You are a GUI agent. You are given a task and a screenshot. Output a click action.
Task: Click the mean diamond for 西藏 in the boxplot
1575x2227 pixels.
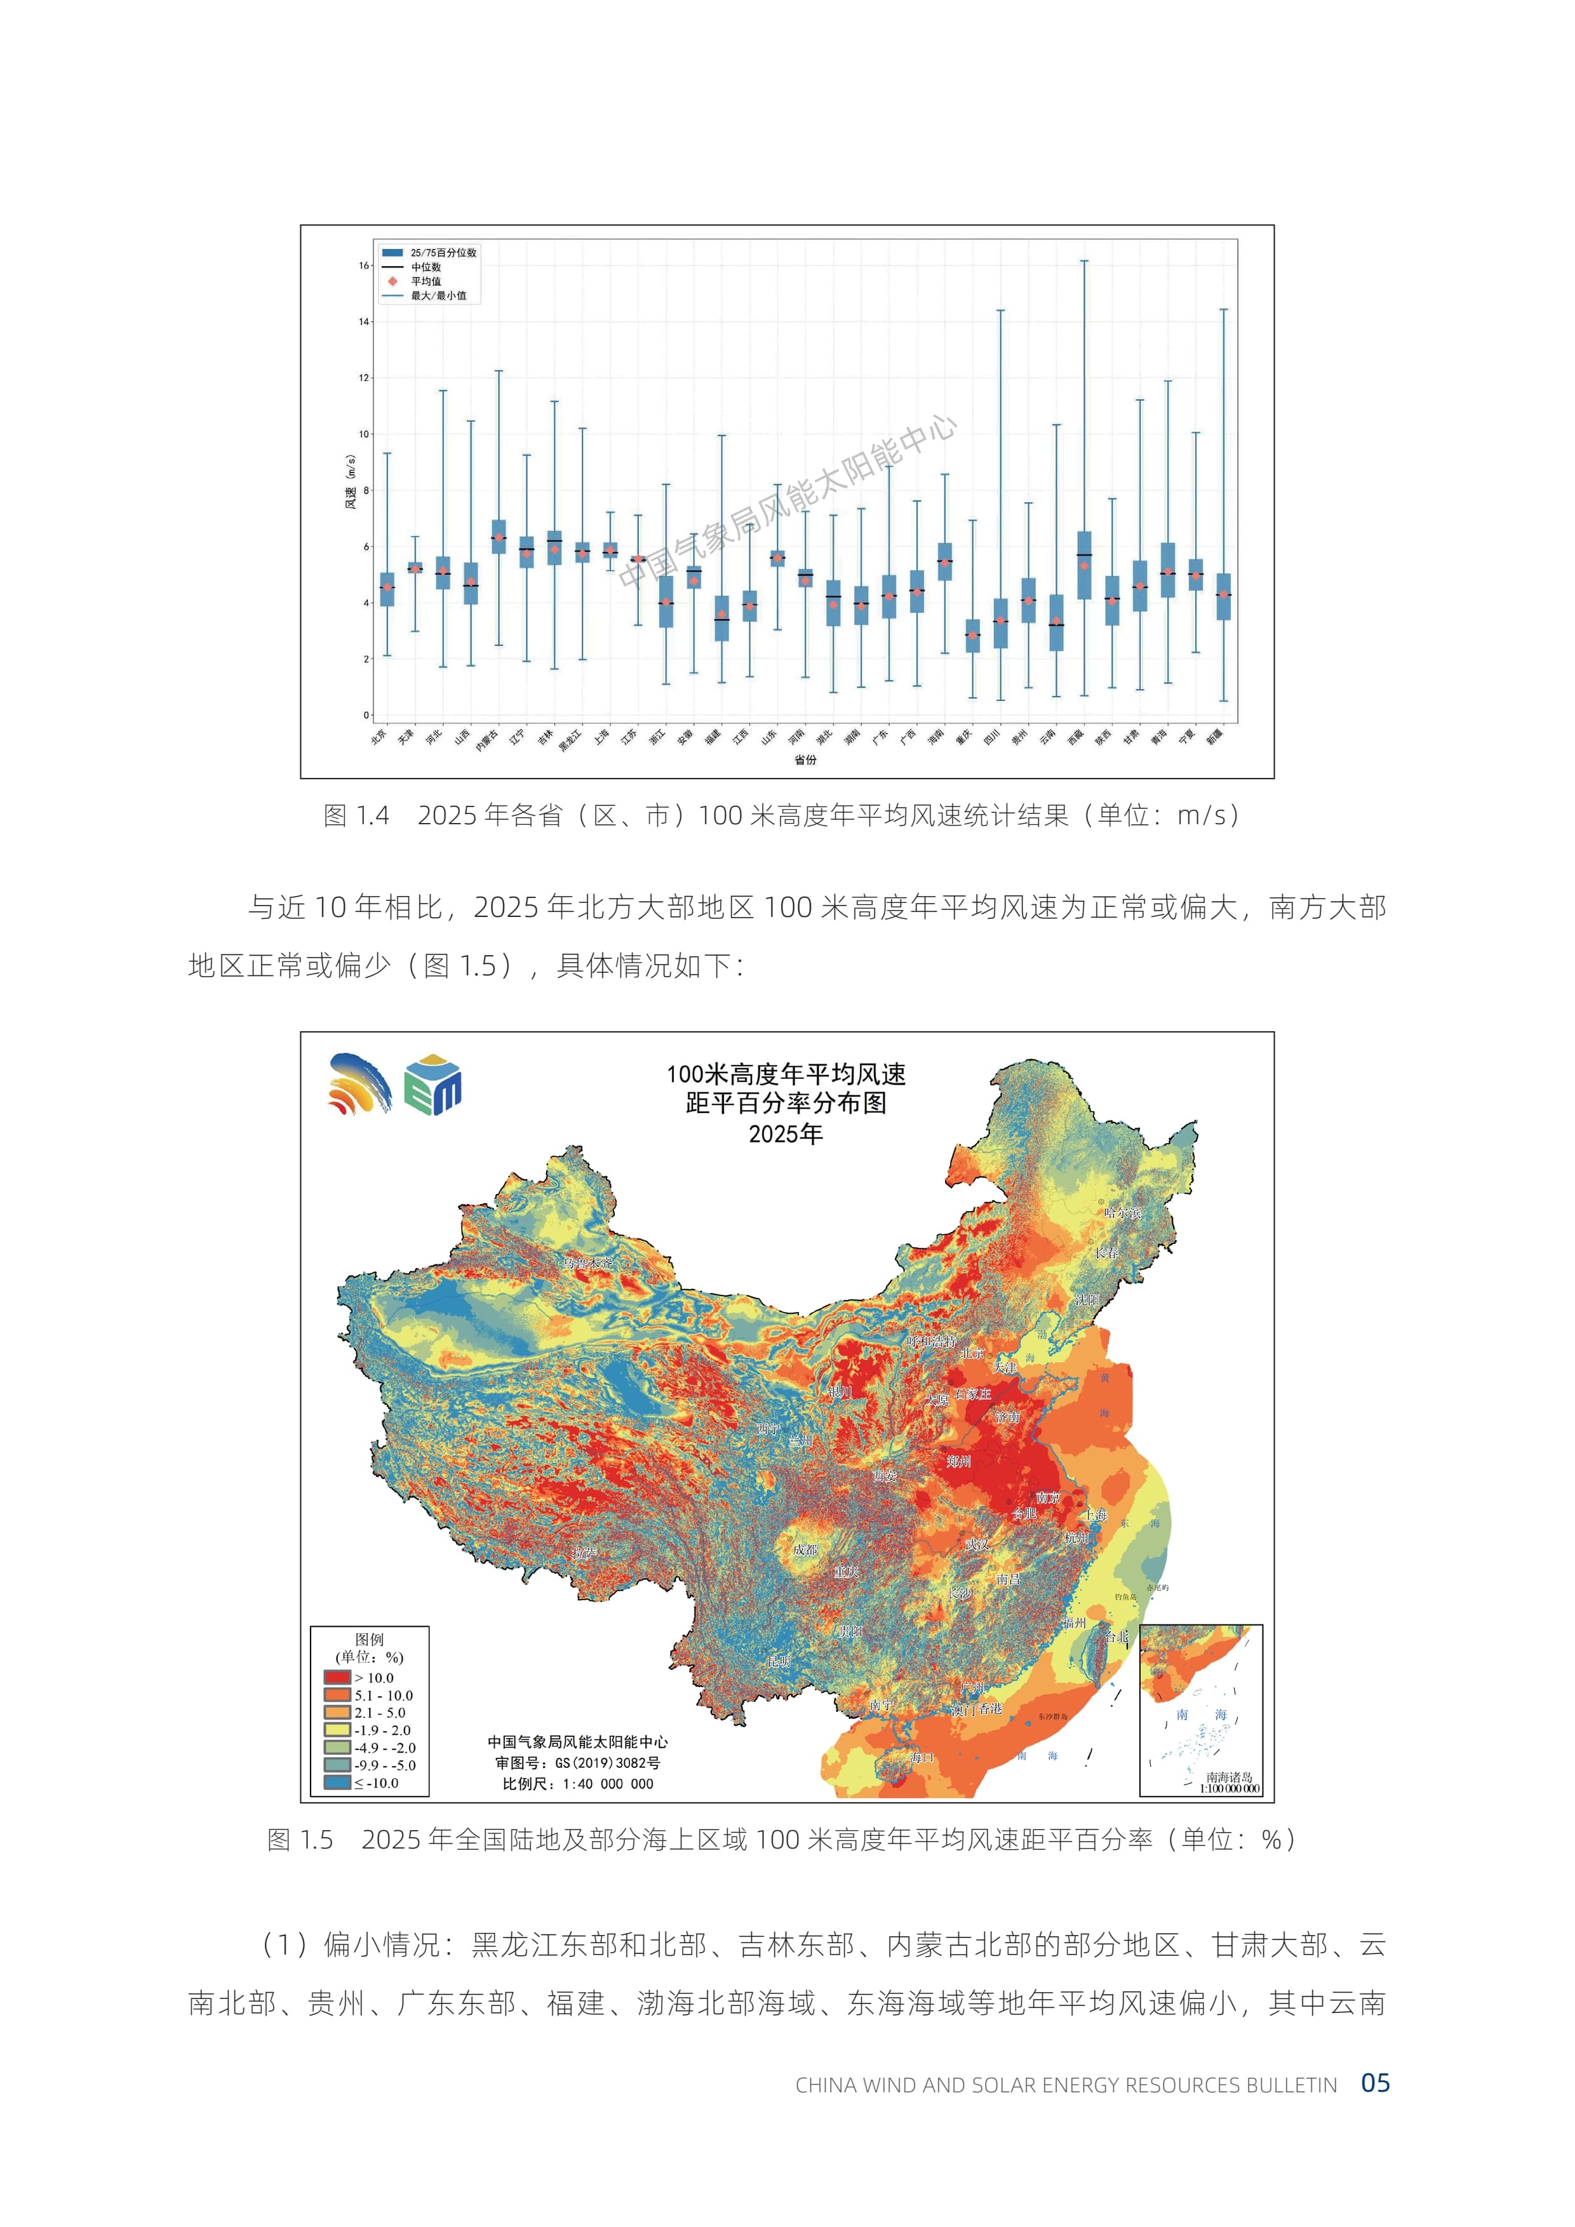[1084, 565]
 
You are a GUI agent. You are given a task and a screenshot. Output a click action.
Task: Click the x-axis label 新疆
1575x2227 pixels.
[1215, 737]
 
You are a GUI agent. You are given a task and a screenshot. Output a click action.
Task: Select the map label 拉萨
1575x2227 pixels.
[584, 1553]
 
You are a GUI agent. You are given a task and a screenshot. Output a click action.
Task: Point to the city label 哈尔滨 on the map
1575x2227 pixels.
[1122, 1212]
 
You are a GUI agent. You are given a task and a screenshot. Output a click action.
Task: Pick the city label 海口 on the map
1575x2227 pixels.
[922, 1756]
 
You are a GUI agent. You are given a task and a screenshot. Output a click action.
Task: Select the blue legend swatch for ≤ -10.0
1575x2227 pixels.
[337, 1782]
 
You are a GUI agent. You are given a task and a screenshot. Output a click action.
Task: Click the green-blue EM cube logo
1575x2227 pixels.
[432, 1085]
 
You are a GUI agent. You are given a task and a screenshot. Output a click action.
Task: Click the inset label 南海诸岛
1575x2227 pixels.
[1229, 1777]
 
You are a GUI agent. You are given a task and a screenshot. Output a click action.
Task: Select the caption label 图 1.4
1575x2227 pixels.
[356, 816]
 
